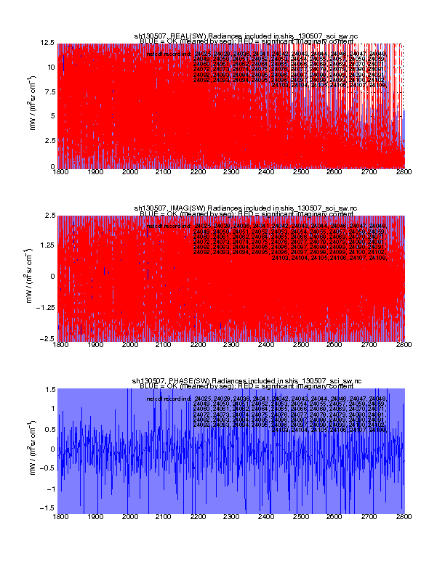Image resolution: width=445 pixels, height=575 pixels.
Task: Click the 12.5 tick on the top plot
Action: click(x=48, y=43)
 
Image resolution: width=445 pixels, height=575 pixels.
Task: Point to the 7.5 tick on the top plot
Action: click(x=49, y=92)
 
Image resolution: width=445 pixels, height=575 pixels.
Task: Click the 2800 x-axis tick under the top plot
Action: click(x=404, y=174)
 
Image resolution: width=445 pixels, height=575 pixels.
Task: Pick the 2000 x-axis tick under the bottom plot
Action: click(x=129, y=518)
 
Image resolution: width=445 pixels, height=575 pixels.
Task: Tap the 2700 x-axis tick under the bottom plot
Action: click(x=370, y=518)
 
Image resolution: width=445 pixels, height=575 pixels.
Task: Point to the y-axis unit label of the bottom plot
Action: click(x=34, y=449)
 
